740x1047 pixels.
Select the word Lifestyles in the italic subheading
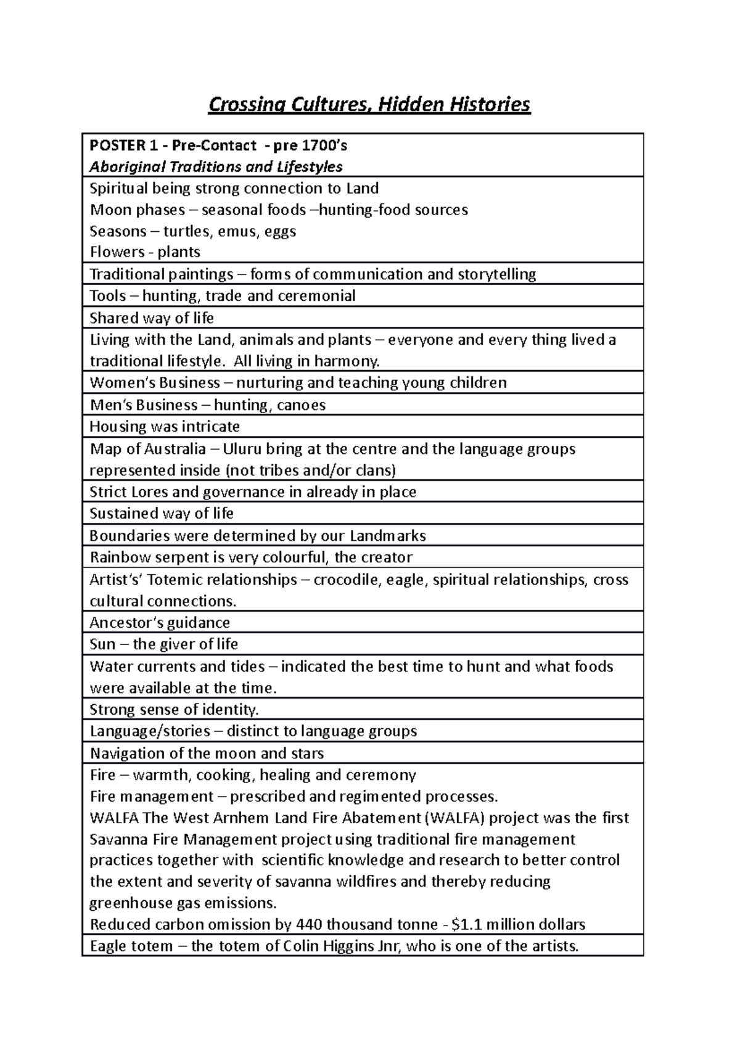coord(308,167)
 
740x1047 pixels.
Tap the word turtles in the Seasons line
coord(186,232)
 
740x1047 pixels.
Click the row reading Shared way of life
coord(152,318)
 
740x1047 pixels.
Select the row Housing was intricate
coord(165,427)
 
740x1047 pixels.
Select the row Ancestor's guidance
coord(160,623)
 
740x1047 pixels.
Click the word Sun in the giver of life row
coord(102,644)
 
